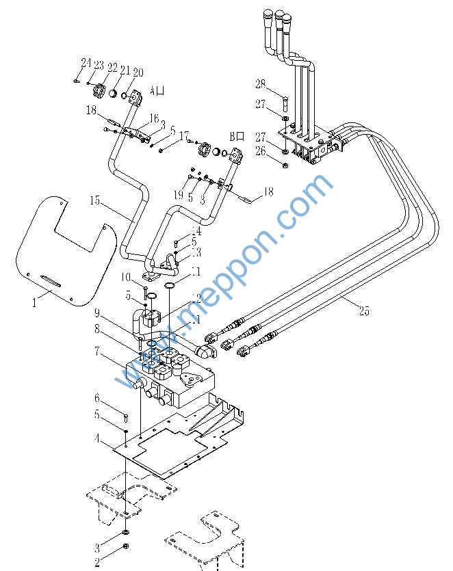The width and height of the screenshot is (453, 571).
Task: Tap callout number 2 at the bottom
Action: pos(97,562)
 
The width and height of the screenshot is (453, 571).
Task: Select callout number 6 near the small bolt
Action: pos(97,398)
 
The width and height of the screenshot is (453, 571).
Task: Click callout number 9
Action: pos(97,314)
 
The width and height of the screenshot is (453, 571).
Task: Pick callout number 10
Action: pos(127,277)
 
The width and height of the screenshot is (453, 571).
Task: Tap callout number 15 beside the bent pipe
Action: pos(94,201)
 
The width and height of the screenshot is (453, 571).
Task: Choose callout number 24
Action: pos(86,63)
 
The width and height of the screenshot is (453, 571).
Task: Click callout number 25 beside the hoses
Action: pos(364,311)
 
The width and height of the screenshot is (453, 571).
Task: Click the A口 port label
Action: pos(157,90)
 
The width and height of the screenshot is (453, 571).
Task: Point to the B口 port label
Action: pos(237,136)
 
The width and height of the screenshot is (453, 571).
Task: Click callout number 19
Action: pos(178,195)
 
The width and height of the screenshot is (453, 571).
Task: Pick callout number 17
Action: pos(183,137)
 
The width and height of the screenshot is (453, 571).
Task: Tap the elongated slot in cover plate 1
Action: pos(50,280)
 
